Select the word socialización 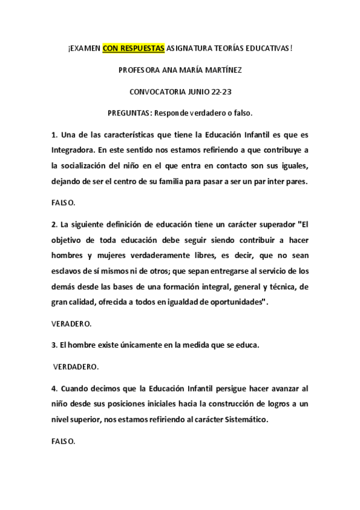click(92, 165)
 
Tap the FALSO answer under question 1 click(63, 203)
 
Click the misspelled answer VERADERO click(72, 324)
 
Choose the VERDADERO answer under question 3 click(76, 366)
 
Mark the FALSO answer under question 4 click(63, 441)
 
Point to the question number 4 click(53, 389)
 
